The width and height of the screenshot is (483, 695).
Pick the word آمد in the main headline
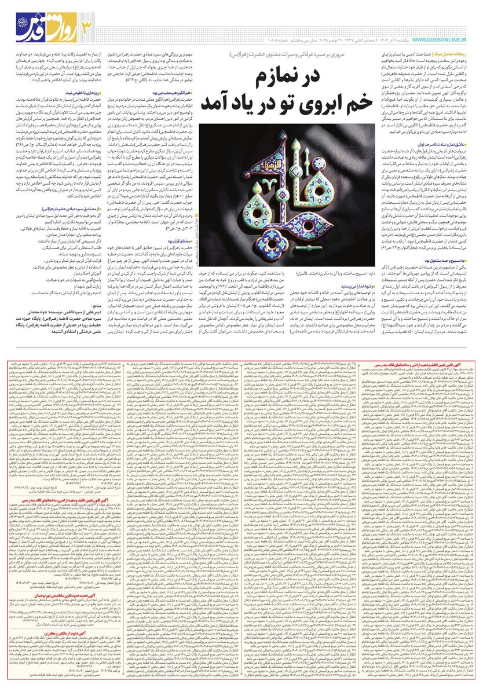tap(218, 102)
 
